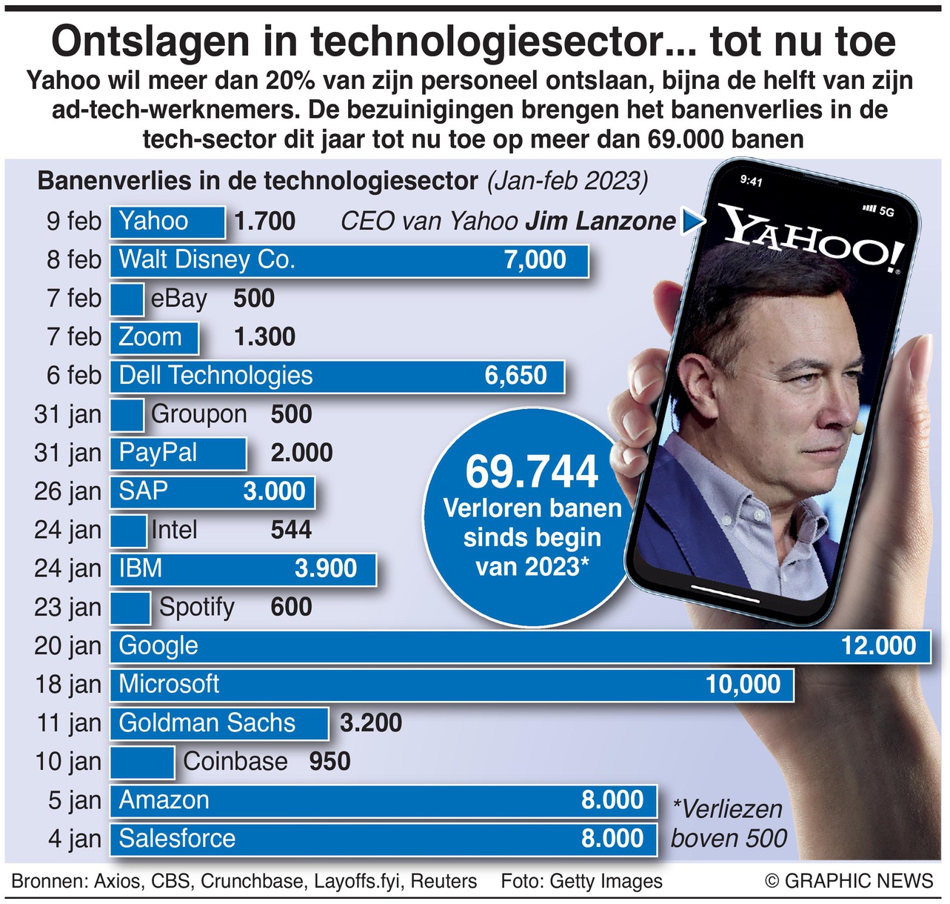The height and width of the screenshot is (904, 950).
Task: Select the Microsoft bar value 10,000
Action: click(x=743, y=684)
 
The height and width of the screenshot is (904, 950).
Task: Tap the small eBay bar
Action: click(x=127, y=299)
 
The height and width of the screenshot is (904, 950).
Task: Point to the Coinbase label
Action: click(x=235, y=762)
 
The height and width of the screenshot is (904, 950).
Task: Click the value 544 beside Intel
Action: click(x=291, y=530)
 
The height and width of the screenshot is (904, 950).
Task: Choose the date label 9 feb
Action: click(x=73, y=221)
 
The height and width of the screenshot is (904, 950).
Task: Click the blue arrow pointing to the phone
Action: click(x=692, y=221)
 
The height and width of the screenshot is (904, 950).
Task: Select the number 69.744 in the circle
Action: click(x=532, y=472)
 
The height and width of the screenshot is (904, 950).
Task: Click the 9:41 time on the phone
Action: click(x=751, y=181)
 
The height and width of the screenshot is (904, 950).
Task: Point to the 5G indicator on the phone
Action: click(x=886, y=212)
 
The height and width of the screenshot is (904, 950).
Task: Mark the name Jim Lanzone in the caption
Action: click(x=601, y=221)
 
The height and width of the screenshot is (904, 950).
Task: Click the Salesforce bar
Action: click(x=383, y=839)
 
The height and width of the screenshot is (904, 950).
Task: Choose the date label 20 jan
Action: click(x=67, y=646)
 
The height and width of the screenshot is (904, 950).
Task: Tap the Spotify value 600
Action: click(x=291, y=607)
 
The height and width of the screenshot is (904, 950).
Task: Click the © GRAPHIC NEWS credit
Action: click(x=849, y=881)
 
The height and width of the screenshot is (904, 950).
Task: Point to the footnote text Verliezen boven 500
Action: click(x=728, y=823)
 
